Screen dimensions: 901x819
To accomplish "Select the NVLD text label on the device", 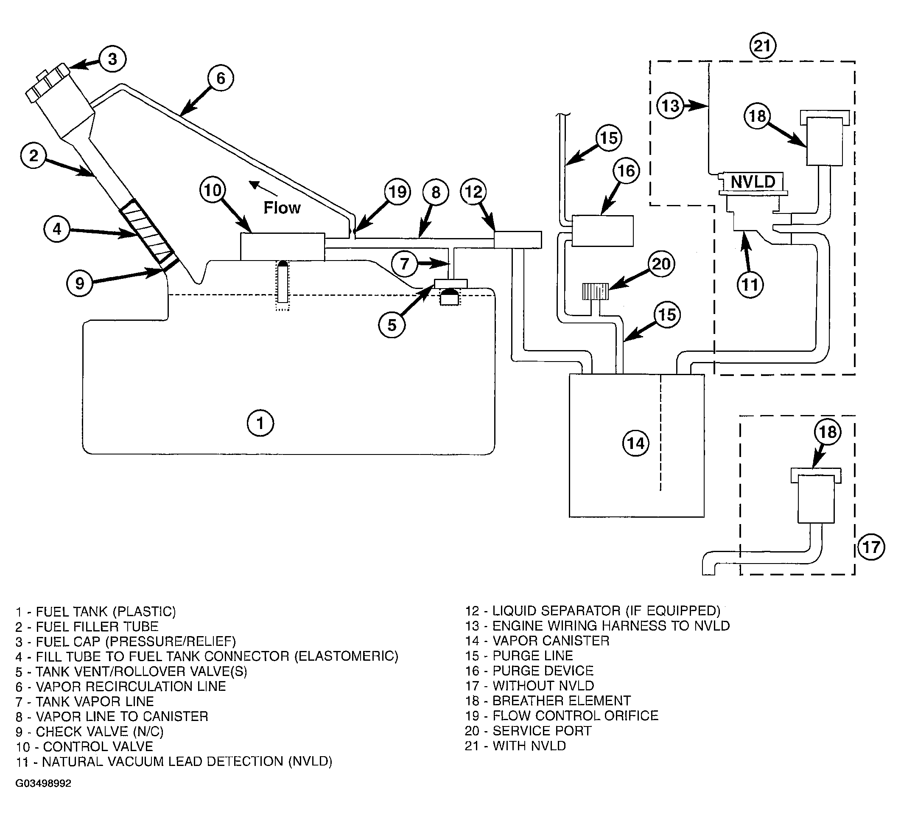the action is click(753, 182).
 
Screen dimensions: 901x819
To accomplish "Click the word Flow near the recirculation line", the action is click(282, 208).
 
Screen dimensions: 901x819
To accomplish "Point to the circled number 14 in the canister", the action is click(635, 443).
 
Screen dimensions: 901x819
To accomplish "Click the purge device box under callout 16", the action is click(602, 231).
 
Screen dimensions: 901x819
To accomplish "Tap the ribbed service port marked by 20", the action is click(595, 292).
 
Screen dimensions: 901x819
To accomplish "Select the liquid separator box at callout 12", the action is click(518, 240).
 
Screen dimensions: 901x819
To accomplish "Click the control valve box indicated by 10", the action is click(283, 246).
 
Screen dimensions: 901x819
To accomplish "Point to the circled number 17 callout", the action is click(871, 547).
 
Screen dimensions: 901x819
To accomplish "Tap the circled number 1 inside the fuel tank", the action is click(260, 423).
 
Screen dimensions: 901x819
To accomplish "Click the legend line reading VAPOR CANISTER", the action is click(537, 641).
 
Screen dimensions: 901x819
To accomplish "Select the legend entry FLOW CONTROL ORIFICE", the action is click(561, 716).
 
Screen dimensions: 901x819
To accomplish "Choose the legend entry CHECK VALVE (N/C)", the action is click(90, 732).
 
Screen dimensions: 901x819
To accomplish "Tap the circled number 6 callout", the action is click(221, 78).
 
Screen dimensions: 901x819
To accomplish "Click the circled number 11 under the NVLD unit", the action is click(750, 284).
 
